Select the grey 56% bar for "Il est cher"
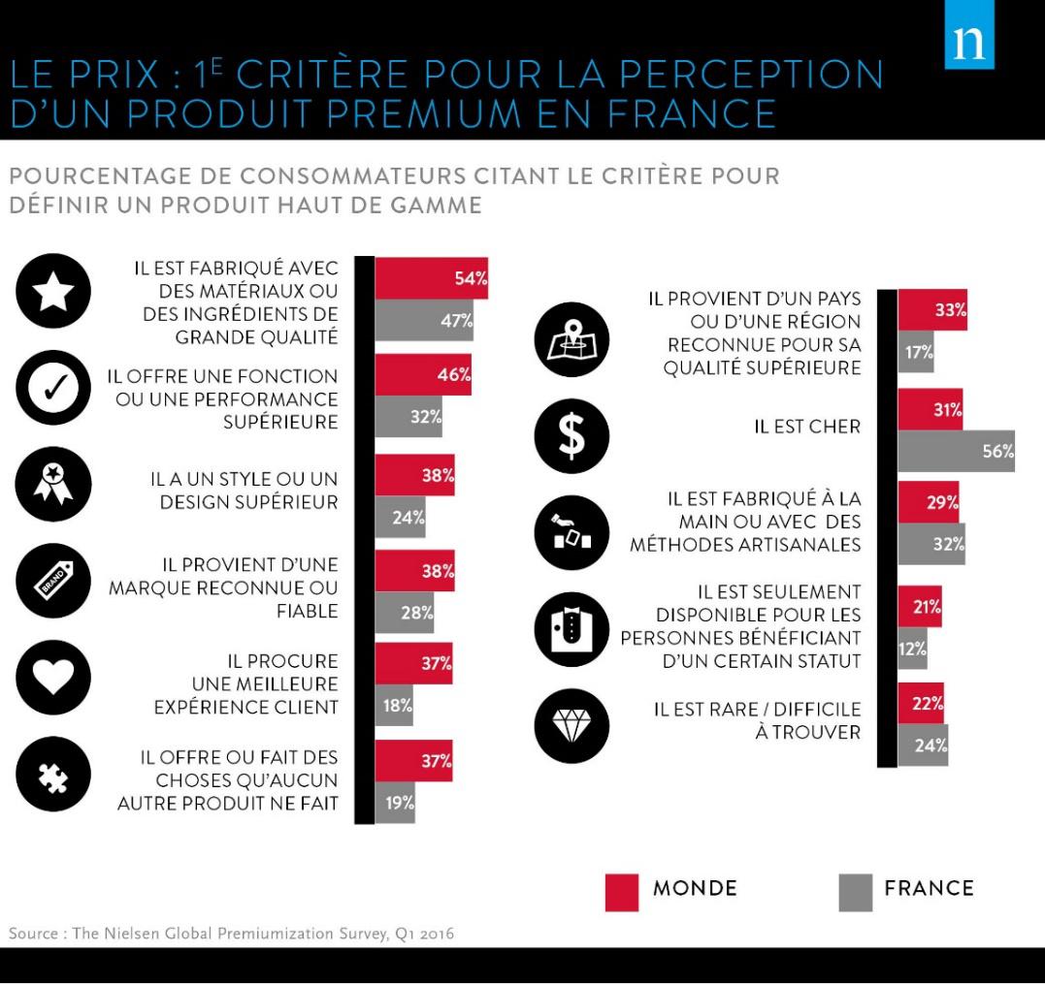click(956, 451)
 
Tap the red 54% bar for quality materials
click(431, 279)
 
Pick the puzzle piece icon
click(53, 774)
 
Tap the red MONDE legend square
click(621, 892)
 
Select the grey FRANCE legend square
click(855, 892)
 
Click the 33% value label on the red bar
click(949, 310)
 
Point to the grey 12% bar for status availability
click(912, 649)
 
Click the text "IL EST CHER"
click(807, 427)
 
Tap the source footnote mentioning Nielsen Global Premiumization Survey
click(231, 934)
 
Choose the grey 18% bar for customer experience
click(394, 705)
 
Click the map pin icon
click(572, 339)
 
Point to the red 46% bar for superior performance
click(423, 374)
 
